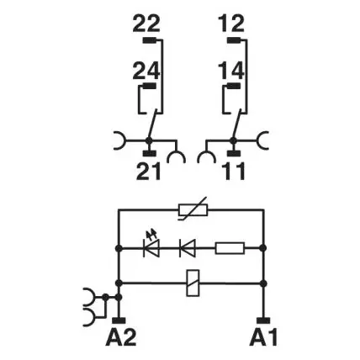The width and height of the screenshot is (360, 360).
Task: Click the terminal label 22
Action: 146,24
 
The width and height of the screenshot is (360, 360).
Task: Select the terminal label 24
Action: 146,71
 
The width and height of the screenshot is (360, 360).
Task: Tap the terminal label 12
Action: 231,24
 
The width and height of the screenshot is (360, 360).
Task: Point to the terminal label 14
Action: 231,71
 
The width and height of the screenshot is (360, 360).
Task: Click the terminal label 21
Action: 149,171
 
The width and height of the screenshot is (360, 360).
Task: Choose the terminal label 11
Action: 234,171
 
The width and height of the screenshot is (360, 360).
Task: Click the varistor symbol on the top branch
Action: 193,209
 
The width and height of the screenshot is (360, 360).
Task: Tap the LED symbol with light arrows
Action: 151,244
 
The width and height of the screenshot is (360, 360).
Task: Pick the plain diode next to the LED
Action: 188,248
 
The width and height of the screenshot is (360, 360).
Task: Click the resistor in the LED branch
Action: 230,248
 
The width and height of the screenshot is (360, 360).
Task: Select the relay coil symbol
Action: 193,283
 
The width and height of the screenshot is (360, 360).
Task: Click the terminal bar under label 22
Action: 149,40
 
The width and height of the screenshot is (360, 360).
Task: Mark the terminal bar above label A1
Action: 263,320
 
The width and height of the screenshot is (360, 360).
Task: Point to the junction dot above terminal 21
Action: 149,140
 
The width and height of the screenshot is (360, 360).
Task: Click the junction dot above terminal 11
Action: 233,140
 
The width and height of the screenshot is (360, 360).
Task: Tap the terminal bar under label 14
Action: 234,86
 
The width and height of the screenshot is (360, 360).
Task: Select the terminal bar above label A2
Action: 119,320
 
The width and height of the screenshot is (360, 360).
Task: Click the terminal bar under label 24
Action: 149,86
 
